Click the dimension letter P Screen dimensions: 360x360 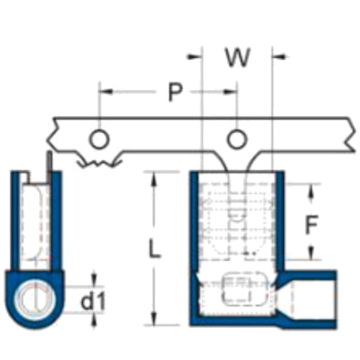(175, 92)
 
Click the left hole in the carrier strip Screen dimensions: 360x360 (99, 140)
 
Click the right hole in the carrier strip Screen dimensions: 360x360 (237, 140)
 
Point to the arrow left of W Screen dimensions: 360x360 (194, 57)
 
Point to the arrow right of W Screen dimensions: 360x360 (281, 57)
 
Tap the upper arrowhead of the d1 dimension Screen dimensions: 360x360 (94, 279)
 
